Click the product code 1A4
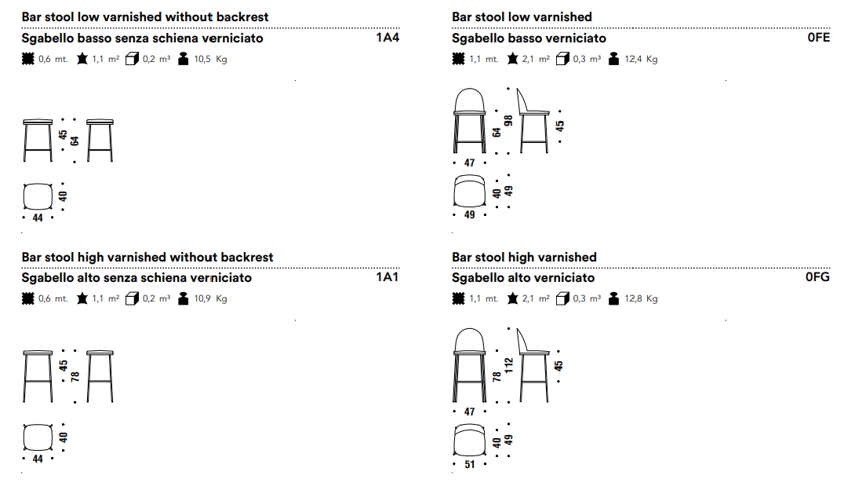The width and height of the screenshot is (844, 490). (x=387, y=38)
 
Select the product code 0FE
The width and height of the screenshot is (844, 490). (x=818, y=38)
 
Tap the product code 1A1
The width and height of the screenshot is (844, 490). (x=387, y=277)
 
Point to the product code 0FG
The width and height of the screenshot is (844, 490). (x=817, y=277)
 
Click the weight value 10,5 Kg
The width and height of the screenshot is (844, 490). (x=210, y=59)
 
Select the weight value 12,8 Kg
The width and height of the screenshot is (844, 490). (x=641, y=298)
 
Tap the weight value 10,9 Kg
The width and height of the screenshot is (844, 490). (x=210, y=298)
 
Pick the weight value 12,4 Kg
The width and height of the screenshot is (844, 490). (x=641, y=59)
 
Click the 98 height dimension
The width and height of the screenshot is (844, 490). (x=508, y=120)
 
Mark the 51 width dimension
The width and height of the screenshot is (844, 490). (x=470, y=464)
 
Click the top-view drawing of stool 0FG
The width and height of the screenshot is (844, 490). (x=469, y=440)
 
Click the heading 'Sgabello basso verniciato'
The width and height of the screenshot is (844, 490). (x=529, y=38)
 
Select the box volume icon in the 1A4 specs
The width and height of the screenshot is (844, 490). (x=131, y=59)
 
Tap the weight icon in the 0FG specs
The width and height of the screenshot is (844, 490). (x=613, y=298)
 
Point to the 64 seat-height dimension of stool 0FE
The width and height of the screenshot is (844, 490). (x=497, y=132)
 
